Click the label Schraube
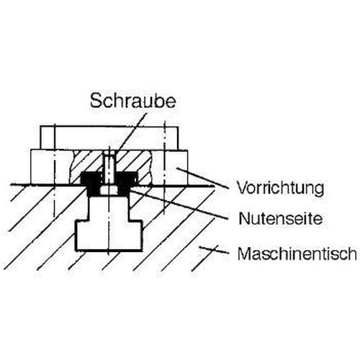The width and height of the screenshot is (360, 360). (x=133, y=100)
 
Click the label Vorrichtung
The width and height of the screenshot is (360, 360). (x=280, y=188)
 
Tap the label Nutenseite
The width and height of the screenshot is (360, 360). (x=281, y=218)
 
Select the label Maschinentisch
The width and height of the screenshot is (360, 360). (x=297, y=253)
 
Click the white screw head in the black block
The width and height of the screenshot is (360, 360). (x=109, y=190)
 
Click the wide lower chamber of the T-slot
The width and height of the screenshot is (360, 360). (x=109, y=235)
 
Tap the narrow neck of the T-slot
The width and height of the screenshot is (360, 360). (x=109, y=208)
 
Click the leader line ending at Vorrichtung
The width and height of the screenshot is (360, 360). (x=202, y=177)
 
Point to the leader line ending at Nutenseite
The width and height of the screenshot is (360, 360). (x=179, y=204)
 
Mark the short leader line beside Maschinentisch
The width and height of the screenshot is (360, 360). (x=214, y=250)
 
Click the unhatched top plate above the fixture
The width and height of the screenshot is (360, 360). (x=109, y=138)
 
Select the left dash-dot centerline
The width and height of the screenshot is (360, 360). (x=55, y=171)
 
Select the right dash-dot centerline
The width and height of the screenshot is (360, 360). (x=164, y=167)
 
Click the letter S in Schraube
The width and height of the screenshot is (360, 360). (x=95, y=101)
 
